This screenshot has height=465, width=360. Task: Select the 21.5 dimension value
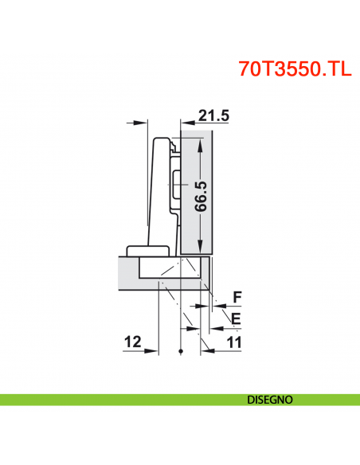pos(213,116)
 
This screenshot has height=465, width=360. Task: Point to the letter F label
pos(235,299)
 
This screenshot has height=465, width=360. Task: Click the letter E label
pos(235,320)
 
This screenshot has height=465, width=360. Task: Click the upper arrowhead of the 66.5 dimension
pos(201,141)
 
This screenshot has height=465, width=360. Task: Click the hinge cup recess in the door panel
pos(171,270)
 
